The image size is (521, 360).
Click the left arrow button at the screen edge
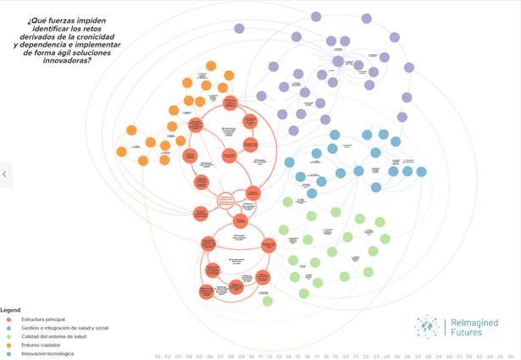click(5, 174)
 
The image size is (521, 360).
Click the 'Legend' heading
click(10, 309)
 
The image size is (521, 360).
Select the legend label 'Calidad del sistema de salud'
click(52, 336)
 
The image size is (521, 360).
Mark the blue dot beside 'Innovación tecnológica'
click(8, 353)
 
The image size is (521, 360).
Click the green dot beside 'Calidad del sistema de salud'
click(8, 336)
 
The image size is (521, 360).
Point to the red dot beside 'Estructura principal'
click(8, 319)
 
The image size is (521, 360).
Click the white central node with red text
click(225, 200)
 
